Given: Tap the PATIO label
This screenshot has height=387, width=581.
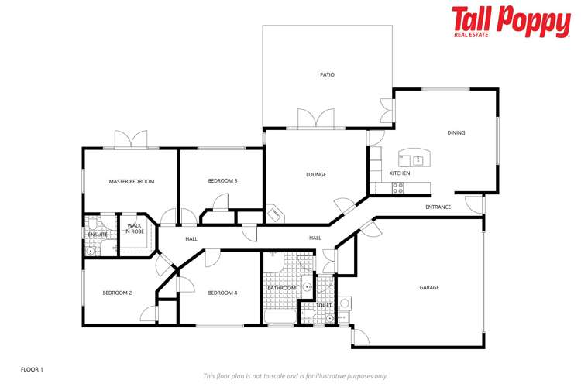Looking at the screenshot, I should (327, 75).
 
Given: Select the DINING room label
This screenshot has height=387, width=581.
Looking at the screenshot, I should (456, 132).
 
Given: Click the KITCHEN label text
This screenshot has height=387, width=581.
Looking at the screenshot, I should (400, 173).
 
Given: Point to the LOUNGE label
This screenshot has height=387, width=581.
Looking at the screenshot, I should (316, 175).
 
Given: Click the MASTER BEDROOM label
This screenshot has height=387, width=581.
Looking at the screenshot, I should (131, 181).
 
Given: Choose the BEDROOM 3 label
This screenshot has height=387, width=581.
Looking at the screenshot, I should (222, 181).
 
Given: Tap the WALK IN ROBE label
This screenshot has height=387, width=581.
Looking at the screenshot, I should (135, 228).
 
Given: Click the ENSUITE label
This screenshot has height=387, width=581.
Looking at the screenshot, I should (97, 234).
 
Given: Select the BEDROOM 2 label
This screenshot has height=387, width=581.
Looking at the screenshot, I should (117, 293).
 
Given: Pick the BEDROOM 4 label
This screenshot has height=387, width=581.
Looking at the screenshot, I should (222, 293).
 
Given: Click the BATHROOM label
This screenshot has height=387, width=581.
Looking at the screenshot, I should (282, 288).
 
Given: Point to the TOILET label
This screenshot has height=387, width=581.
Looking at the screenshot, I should (324, 305).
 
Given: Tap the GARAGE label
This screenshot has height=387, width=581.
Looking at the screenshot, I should (429, 287).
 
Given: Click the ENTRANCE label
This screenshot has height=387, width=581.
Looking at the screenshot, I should (438, 207).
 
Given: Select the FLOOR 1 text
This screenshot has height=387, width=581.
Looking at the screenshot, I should (32, 370).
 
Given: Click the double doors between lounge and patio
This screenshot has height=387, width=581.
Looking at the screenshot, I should (316, 118).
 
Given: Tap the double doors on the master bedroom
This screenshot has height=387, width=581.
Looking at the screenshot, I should (131, 139).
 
